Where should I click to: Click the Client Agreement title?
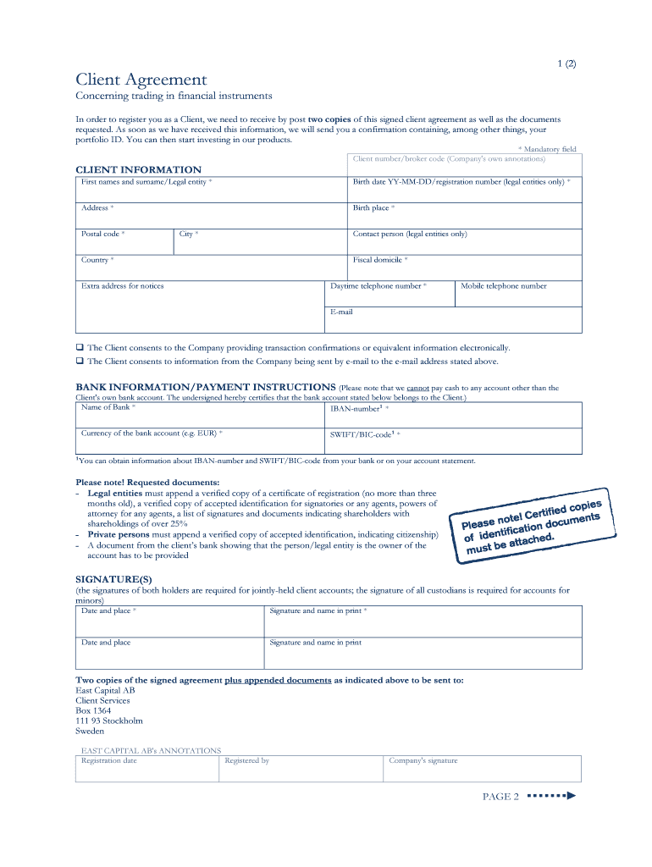[141, 80]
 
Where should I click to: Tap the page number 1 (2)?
[566, 64]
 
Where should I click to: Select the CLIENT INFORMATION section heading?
[138, 169]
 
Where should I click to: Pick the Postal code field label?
[102, 234]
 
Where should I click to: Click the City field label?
[189, 234]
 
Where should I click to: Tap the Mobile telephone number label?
[503, 286]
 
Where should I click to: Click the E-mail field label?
[341, 312]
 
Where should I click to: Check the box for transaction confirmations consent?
[80, 348]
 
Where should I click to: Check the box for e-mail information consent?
[80, 361]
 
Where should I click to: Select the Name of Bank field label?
[108, 407]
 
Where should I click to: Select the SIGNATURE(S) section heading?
[114, 579]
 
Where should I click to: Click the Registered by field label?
[246, 760]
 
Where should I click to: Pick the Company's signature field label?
[423, 760]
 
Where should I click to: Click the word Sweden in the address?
[90, 731]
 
